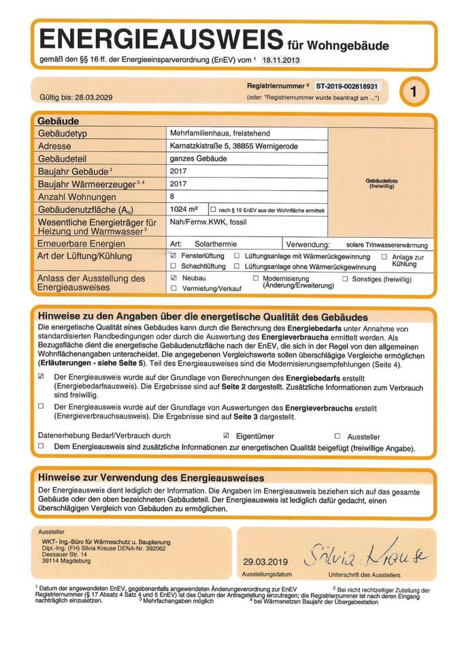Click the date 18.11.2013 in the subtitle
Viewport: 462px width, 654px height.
click(280, 61)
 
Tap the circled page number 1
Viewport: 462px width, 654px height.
click(413, 92)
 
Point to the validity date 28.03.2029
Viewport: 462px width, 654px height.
click(90, 97)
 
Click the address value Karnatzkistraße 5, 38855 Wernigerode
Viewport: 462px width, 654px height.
click(233, 146)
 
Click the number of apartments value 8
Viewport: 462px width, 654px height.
click(173, 196)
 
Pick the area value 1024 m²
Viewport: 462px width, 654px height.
click(184, 209)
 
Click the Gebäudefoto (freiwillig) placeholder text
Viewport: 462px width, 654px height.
click(382, 183)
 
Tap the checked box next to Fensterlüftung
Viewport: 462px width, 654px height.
click(174, 255)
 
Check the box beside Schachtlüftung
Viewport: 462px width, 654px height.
click(174, 266)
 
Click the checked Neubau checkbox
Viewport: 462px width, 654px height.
click(174, 279)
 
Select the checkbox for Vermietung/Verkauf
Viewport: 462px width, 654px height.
click(174, 289)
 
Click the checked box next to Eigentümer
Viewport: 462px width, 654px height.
click(227, 435)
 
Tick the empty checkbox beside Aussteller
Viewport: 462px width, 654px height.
click(337, 436)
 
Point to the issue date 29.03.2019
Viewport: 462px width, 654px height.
click(265, 562)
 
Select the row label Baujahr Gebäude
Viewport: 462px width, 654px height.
click(73, 171)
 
